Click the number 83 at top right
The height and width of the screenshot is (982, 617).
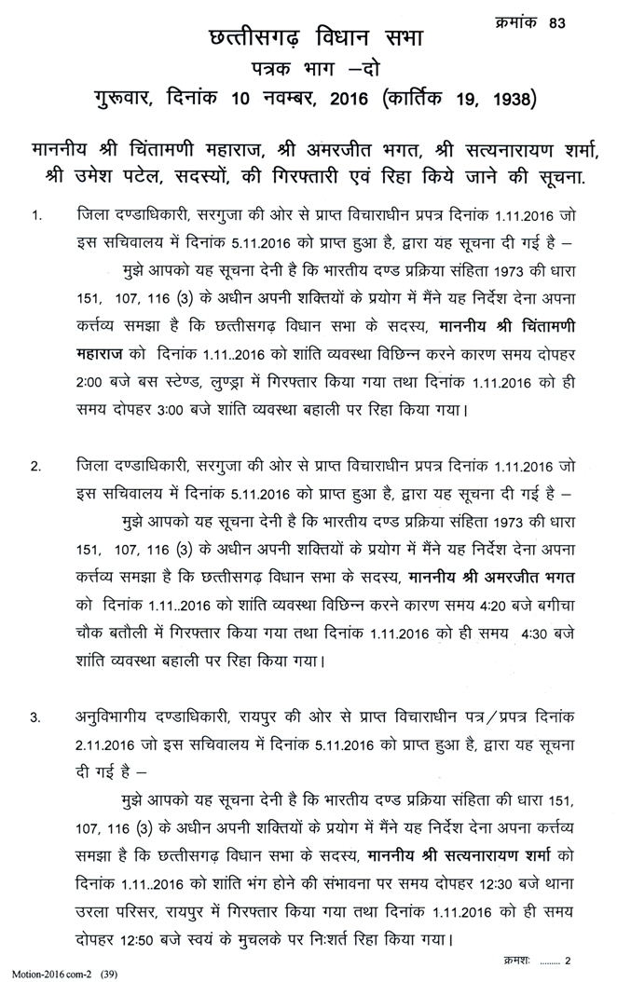point(584,21)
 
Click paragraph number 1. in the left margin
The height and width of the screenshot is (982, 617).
point(36,217)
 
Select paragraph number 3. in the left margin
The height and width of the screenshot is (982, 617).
point(36,718)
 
